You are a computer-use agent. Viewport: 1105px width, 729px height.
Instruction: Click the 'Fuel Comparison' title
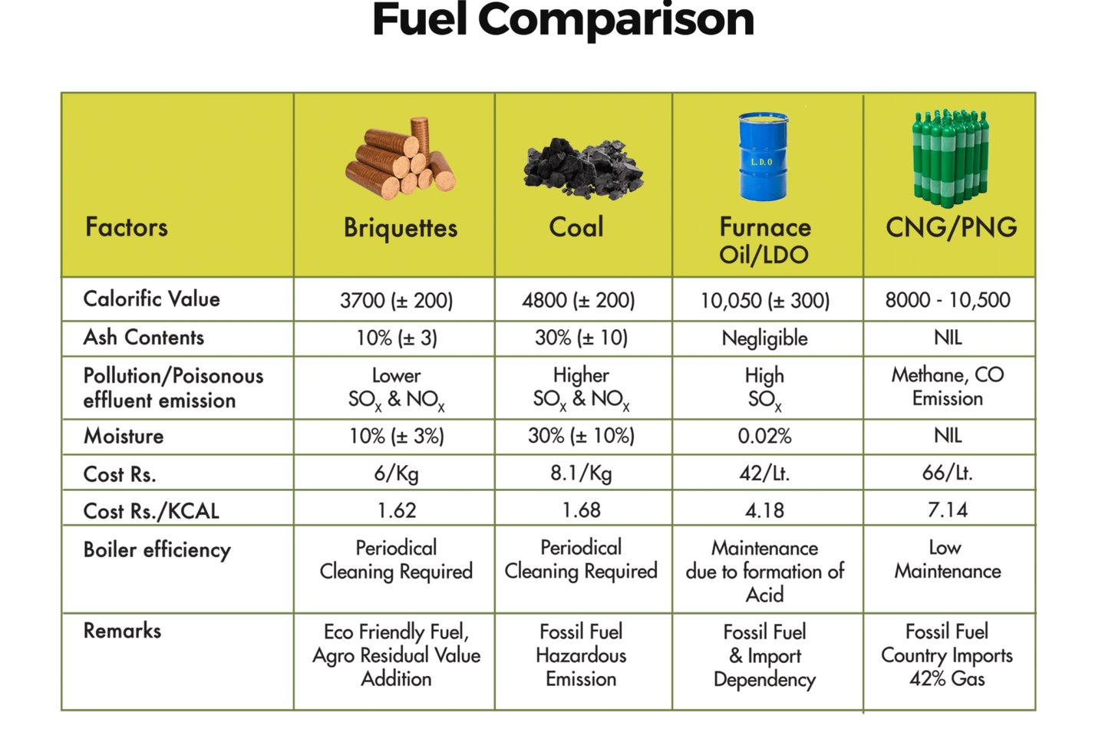[562, 21]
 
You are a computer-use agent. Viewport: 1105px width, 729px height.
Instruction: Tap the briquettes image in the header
[401, 159]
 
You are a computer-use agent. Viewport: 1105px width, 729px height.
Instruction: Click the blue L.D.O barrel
[763, 157]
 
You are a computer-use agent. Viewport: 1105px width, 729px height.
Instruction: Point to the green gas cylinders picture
[950, 158]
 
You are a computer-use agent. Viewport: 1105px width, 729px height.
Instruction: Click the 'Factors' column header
[127, 227]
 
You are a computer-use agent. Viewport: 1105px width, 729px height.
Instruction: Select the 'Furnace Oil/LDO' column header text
[764, 240]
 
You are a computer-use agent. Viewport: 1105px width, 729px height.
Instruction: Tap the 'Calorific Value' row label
[151, 299]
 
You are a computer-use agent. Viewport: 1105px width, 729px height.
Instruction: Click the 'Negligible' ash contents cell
[764, 338]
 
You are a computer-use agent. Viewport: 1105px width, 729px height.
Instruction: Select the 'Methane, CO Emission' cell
[948, 387]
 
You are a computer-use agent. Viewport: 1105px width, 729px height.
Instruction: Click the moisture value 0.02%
[764, 437]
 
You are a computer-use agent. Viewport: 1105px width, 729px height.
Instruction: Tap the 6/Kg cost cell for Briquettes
[396, 473]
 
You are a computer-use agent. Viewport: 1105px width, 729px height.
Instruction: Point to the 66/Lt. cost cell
[947, 473]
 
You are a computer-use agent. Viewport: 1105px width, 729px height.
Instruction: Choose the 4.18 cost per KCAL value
[764, 510]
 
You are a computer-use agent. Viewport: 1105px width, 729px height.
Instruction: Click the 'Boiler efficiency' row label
[157, 550]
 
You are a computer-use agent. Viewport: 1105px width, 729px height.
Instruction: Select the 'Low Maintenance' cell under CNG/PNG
[947, 559]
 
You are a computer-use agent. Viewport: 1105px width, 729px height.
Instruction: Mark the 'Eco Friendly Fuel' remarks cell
[396, 655]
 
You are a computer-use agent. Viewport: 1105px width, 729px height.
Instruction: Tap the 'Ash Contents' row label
[143, 338]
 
